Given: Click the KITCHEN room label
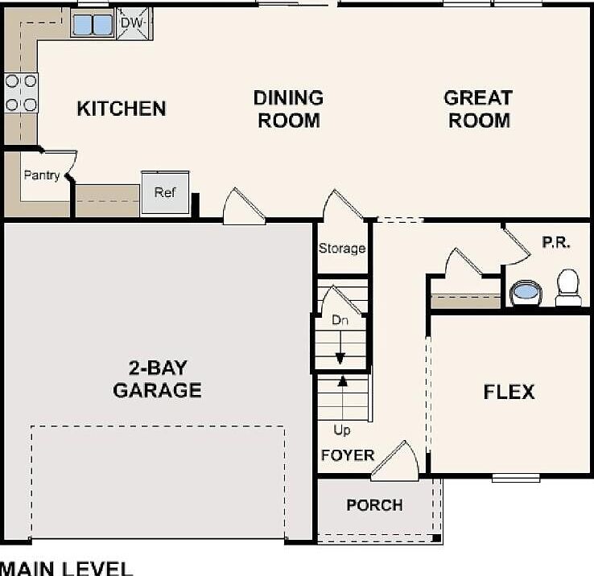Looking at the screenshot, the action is pos(122,109).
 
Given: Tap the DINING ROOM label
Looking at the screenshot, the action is pos(288,109).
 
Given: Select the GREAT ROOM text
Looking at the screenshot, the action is pos(478,109).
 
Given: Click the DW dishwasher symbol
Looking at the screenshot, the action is pos(134,23).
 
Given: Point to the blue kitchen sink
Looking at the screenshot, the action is pos(93,25).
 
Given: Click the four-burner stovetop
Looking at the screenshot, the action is pos(21,93).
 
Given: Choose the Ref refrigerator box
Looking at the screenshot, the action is pos(165,193).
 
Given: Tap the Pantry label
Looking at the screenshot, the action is pos(42,175).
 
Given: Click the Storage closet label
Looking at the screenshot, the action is pos(342,249).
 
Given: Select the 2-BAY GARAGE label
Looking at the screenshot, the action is pos(157,379).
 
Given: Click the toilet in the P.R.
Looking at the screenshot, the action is pos(568,287).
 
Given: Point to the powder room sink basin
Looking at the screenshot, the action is pos(526,292).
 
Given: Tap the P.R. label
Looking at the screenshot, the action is pos(556,242).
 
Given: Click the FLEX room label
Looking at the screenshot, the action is pos(509,392).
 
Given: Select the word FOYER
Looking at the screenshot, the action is pos(348,455).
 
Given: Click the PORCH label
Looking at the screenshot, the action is pos(374,505).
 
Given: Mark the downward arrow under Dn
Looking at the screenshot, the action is pos(340,348).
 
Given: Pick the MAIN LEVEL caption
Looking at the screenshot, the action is pos(66,569).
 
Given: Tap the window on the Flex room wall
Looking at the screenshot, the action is pos(516,479).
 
